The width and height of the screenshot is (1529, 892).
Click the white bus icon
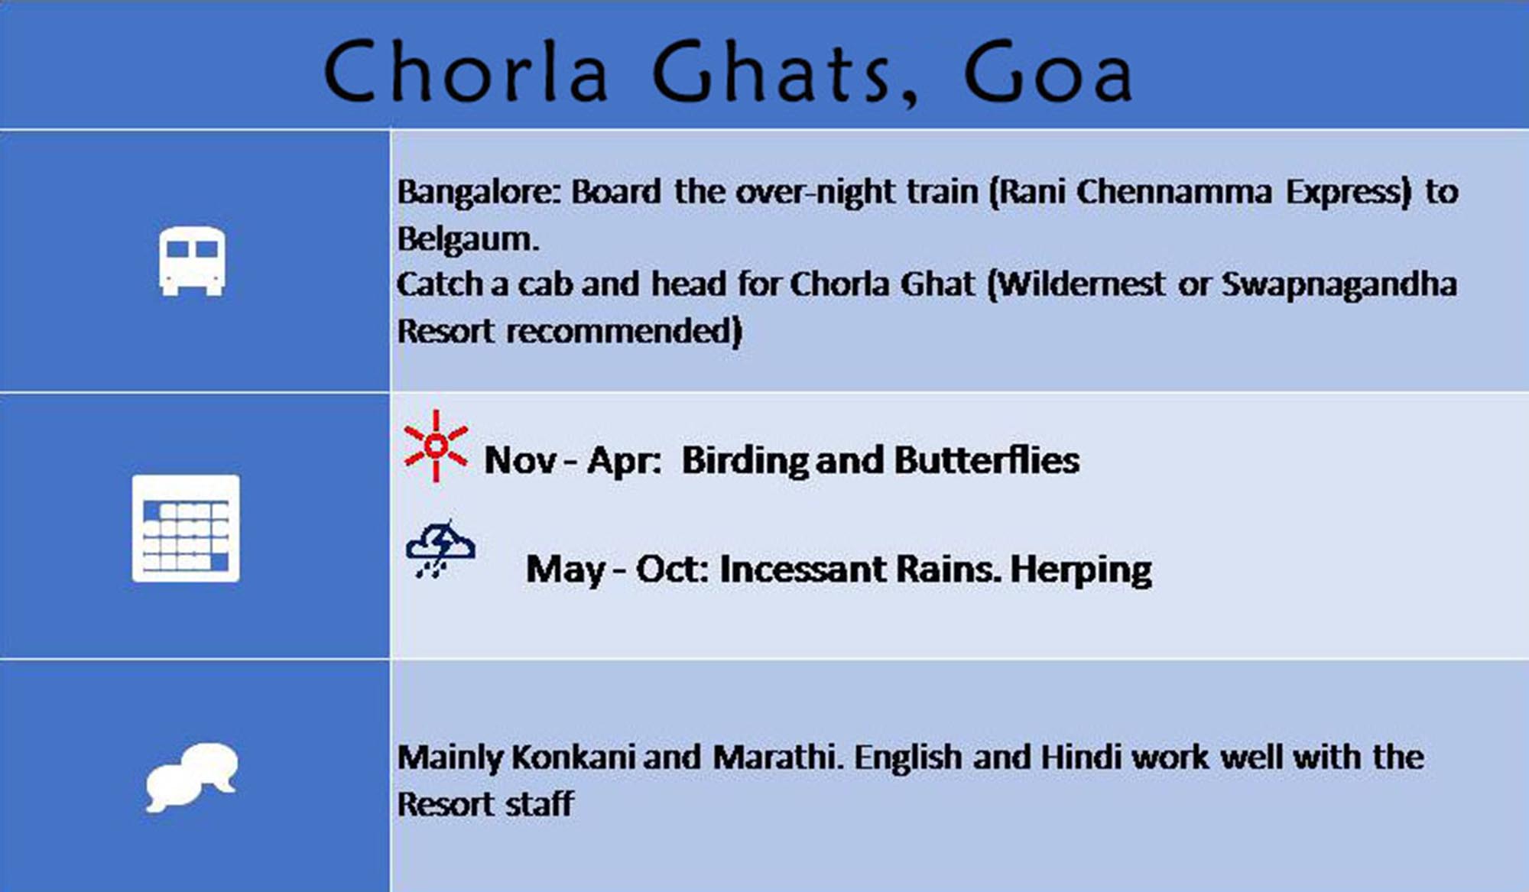(192, 261)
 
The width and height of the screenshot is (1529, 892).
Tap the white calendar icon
(186, 528)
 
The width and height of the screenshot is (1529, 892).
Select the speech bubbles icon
(192, 777)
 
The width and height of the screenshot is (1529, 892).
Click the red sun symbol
(436, 446)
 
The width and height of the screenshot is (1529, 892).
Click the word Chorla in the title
(466, 72)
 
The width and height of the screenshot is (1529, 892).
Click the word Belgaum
(468, 239)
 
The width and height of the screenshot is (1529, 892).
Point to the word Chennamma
(1174, 192)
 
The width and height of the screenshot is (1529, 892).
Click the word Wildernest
(1082, 284)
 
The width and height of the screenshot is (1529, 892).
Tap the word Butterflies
(987, 460)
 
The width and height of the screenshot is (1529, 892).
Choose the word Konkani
(573, 757)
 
